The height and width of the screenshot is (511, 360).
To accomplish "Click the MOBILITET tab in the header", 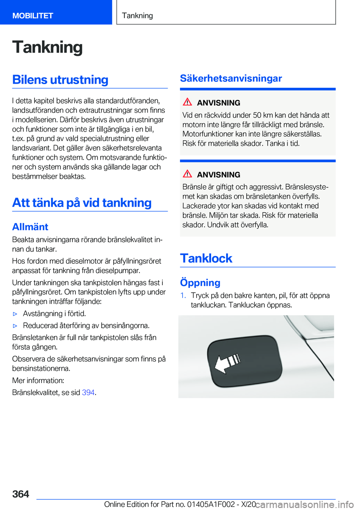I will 33,16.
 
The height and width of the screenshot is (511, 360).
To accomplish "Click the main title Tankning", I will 47,47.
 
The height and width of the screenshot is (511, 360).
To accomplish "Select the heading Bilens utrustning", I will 60,80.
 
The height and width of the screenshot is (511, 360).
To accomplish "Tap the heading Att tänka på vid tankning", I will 82,203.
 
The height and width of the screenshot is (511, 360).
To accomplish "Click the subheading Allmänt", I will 30,227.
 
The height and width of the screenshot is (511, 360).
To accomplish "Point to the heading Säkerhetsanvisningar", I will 231,78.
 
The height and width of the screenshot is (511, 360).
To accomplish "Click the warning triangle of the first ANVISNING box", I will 187,102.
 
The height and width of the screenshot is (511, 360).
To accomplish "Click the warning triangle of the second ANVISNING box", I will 187,174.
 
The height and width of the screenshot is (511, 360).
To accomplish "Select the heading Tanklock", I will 206,258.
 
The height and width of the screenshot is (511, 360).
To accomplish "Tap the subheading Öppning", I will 200,283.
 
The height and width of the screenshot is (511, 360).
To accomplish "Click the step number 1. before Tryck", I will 183,296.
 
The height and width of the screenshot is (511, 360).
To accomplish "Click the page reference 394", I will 88,392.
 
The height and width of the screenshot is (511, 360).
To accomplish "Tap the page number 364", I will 21,494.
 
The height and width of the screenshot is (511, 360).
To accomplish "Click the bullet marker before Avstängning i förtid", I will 15,314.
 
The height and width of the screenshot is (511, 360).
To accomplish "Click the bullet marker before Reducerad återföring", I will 15,326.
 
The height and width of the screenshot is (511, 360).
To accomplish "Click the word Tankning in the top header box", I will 137,16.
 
